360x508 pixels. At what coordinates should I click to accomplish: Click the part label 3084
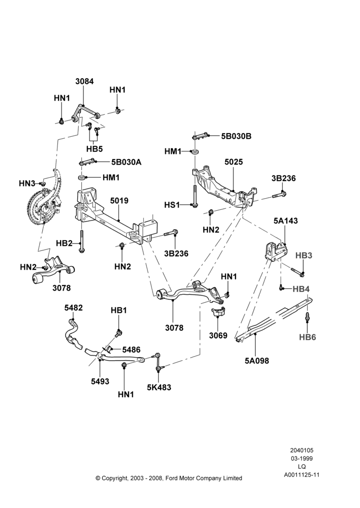click(x=84, y=81)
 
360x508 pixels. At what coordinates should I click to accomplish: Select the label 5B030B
click(x=236, y=136)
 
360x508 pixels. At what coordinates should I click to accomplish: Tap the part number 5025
click(x=233, y=162)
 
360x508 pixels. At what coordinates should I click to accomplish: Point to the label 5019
click(x=119, y=201)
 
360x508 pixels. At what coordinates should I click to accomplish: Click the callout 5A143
click(x=285, y=220)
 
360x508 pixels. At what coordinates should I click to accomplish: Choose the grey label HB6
click(x=308, y=337)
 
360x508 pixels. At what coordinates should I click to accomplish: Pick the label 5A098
click(x=257, y=360)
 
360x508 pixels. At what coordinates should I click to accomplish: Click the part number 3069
click(x=218, y=335)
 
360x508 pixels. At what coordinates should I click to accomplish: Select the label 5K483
click(x=159, y=387)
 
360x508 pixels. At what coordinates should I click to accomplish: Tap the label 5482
click(x=73, y=308)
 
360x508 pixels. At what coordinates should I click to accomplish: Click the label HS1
click(x=172, y=205)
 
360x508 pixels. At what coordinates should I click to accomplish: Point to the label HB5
click(x=95, y=149)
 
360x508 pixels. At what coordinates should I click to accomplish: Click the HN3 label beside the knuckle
click(x=26, y=184)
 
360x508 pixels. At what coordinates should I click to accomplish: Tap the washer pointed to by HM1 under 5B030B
click(x=195, y=151)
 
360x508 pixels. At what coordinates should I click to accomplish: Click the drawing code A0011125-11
click(x=302, y=475)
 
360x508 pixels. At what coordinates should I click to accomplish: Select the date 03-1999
click(x=302, y=458)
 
